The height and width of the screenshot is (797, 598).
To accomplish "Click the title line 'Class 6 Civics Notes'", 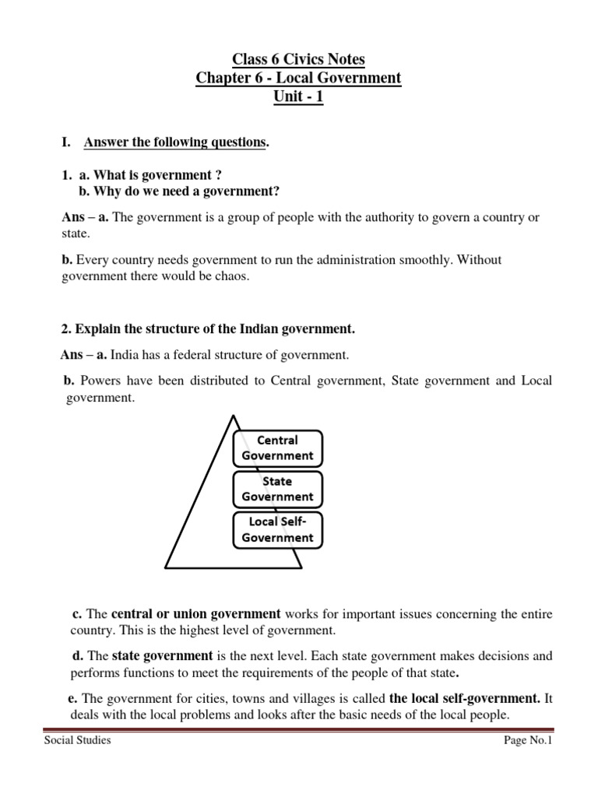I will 299,59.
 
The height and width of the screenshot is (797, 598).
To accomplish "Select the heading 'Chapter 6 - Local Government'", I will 299,79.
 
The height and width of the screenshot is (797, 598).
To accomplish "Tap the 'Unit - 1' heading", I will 299,98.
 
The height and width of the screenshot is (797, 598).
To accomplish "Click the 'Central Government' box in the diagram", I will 277,448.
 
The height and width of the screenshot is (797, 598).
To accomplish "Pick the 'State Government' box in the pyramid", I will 277,489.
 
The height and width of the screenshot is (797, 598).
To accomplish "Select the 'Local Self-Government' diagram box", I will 277,530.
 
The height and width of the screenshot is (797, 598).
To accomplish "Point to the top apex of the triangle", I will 232,416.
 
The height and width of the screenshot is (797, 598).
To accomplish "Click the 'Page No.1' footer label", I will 528,740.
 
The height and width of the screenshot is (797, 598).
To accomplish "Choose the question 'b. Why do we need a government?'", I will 179,191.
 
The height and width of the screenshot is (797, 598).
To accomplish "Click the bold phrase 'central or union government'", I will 195,614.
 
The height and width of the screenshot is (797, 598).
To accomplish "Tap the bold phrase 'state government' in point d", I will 162,655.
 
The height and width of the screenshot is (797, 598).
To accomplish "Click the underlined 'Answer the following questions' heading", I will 175,142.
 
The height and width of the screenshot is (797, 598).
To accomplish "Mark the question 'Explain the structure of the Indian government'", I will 214,329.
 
